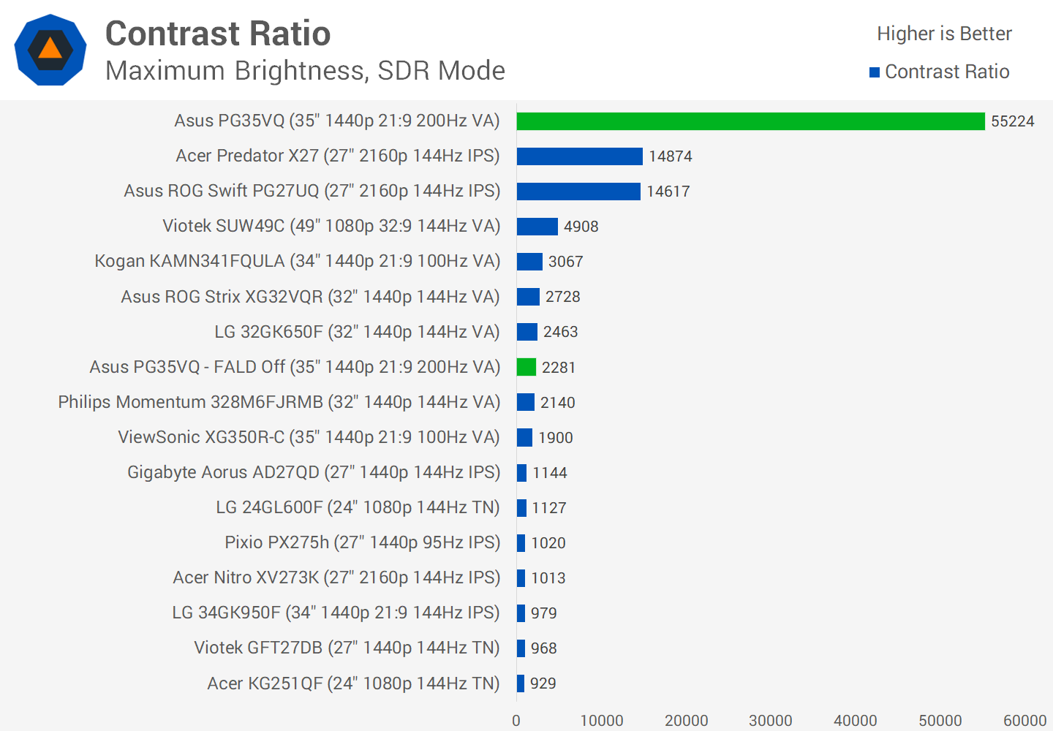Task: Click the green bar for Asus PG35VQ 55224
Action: pos(750,121)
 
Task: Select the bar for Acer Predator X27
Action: pos(579,156)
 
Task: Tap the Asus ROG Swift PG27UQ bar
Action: pos(578,192)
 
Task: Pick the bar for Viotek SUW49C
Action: pos(537,227)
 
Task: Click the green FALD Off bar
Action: pos(526,367)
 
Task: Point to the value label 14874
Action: pos(670,156)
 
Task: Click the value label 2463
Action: pos(560,332)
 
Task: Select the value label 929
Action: pos(543,683)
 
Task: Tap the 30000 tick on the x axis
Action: pos(770,721)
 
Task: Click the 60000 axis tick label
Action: pos(1024,721)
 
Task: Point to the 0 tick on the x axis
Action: pos(516,721)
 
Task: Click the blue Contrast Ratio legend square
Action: pos(874,72)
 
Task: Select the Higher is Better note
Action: pos(944,34)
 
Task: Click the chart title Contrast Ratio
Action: pos(218,34)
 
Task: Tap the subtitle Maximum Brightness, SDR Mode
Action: pos(305,71)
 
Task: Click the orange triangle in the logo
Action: pos(50,49)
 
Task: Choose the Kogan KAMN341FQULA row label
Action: pos(297,262)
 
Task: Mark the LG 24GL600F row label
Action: pos(358,507)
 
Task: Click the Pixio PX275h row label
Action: pos(362,542)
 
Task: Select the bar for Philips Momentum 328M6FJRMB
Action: pos(525,402)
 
